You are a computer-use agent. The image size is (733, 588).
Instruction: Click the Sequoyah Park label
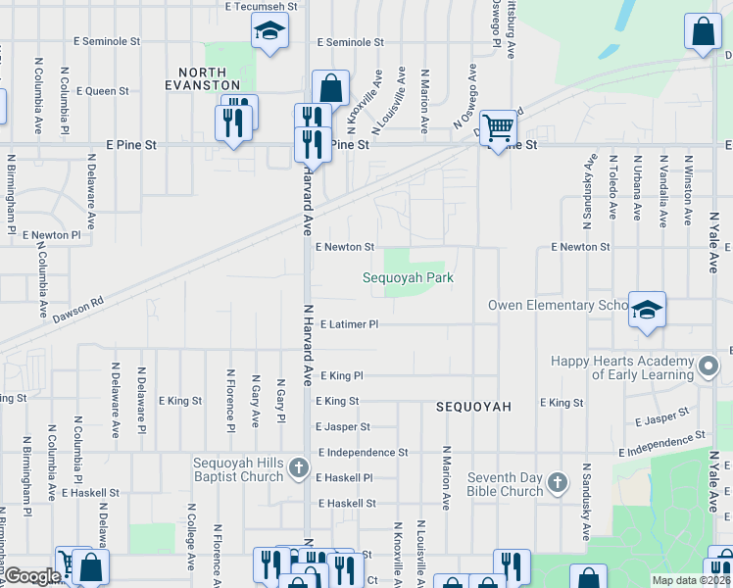tap(409, 278)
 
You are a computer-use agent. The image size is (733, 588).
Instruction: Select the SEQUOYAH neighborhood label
tap(474, 407)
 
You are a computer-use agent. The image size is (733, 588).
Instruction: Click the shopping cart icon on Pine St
tap(499, 126)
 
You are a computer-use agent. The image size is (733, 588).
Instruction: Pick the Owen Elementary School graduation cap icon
tap(647, 310)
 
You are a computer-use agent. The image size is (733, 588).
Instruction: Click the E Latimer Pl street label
tap(348, 324)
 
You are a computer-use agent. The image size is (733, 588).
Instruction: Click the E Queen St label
tap(101, 91)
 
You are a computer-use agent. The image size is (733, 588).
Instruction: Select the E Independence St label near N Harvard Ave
tap(363, 453)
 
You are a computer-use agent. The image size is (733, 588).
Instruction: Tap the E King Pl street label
tap(340, 375)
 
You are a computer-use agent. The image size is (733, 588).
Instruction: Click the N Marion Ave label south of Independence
tap(446, 477)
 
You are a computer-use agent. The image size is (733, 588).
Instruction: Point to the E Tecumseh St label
tap(260, 6)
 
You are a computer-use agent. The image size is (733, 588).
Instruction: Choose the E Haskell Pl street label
tap(345, 478)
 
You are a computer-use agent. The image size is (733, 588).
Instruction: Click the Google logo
tap(31, 577)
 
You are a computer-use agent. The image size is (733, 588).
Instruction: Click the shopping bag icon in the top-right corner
tap(703, 31)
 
